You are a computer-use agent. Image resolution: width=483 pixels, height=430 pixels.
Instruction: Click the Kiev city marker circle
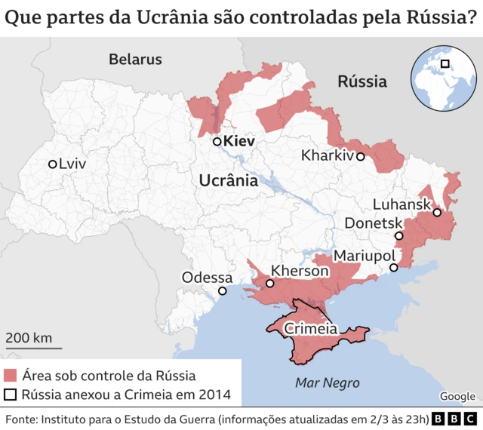pyautogui.click(x=217, y=141)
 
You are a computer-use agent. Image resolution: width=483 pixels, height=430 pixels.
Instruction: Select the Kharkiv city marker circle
pyautogui.click(x=361, y=157)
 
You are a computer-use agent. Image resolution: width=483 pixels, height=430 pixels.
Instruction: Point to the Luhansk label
pyautogui.click(x=401, y=204)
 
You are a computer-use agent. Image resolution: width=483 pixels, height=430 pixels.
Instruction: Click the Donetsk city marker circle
pyautogui.click(x=399, y=235)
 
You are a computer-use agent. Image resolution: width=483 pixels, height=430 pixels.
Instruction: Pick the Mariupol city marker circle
pyautogui.click(x=393, y=268)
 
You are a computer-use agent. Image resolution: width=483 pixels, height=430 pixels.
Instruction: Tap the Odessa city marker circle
pyautogui.click(x=222, y=291)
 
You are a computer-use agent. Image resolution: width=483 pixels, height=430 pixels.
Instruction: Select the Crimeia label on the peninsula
pyautogui.click(x=310, y=329)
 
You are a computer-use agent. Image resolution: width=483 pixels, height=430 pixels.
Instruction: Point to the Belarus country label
pyautogui.click(x=135, y=59)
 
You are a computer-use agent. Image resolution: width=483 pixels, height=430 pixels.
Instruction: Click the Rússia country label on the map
pyautogui.click(x=361, y=81)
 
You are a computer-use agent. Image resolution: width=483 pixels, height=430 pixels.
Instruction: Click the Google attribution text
pyautogui.click(x=457, y=396)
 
